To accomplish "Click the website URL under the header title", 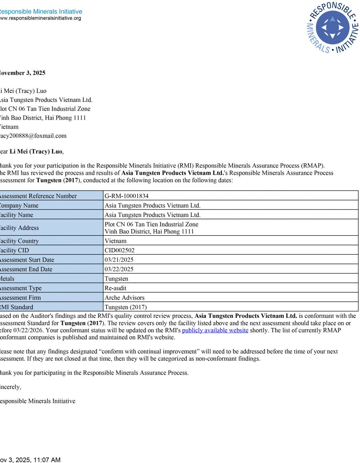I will coord(40,18).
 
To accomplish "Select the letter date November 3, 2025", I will coord(22,73).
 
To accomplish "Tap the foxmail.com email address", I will coord(33,136).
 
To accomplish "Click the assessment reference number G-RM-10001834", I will coord(127,196).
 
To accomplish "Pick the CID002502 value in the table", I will coord(120,250).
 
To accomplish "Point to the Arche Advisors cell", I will coord(124,297).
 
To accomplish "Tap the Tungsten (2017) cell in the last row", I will coord(126,307).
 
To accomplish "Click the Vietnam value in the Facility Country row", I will coord(116,241).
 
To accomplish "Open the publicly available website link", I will coord(215,330).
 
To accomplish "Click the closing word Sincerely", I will coord(11,387).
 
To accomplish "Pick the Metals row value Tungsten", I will coord(117,279).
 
